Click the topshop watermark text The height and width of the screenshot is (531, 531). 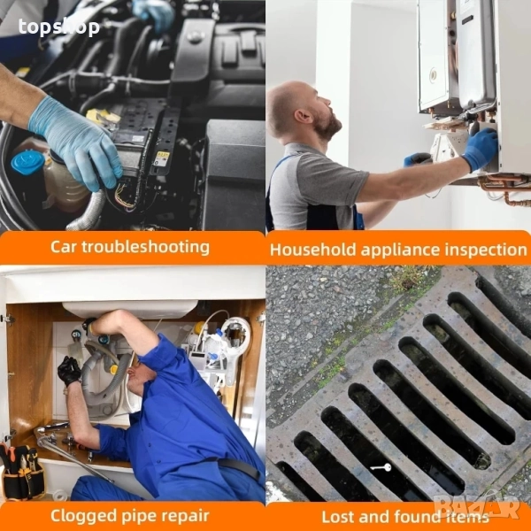tap(59, 27)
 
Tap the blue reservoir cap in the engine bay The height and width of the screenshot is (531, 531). tap(27, 162)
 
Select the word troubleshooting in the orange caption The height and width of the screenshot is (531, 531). tap(146, 247)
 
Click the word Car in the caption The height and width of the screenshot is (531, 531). tap(64, 247)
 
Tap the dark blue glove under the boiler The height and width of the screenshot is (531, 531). tap(481, 149)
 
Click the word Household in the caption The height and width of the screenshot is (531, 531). tap(313, 250)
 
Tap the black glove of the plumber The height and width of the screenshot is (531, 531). tap(69, 371)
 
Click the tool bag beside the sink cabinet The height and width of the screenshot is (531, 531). tap(22, 472)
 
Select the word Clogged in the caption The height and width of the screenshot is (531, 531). tap(83, 517)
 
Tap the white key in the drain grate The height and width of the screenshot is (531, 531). tap(381, 467)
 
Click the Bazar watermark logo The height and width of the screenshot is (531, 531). tap(477, 506)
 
